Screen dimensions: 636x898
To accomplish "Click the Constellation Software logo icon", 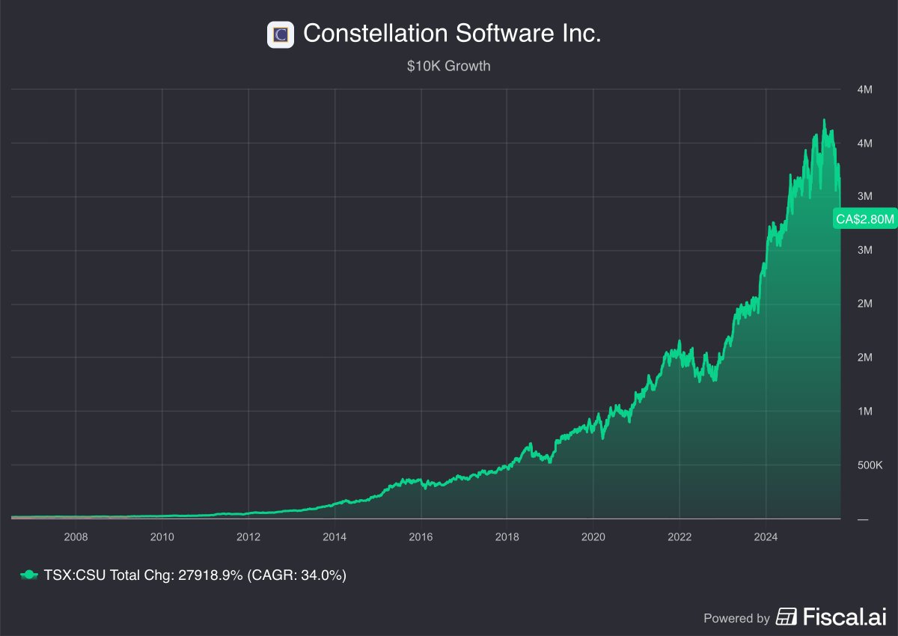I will (281, 34).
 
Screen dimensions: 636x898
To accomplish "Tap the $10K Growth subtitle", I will (448, 66).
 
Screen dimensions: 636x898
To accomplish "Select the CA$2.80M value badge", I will (865, 219).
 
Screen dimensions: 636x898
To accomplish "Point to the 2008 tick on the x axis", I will (76, 536).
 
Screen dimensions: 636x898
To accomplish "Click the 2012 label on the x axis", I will (248, 536).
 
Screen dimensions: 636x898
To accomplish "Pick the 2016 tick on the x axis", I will (421, 536).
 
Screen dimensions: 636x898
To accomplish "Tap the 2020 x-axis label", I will (593, 536).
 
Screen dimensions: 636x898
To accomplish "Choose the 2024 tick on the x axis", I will (766, 536).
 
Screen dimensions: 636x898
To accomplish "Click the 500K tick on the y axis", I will (870, 465).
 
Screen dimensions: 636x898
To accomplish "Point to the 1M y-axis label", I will (864, 412).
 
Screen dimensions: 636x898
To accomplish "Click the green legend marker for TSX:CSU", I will (28, 575).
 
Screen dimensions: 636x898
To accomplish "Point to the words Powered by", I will (736, 618).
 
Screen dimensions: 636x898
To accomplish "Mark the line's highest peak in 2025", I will (824, 120).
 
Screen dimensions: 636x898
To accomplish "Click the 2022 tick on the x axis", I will (679, 536).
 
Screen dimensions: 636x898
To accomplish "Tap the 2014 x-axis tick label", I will (335, 536).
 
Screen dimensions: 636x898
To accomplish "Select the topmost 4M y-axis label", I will (864, 90).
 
